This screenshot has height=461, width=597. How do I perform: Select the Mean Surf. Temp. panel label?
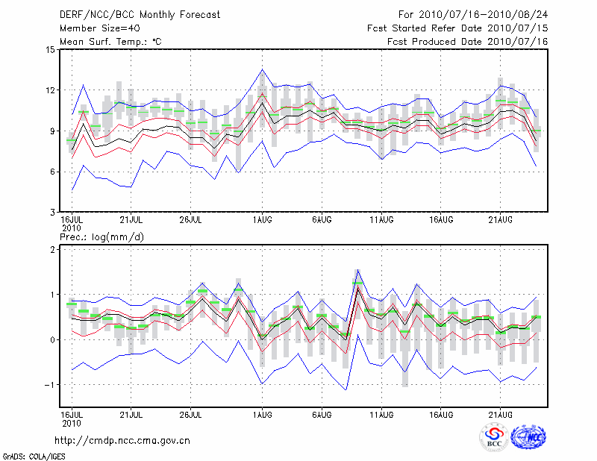tap(110, 42)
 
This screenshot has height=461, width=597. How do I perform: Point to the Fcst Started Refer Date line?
tap(457, 28)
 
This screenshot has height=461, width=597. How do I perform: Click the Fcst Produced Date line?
tap(467, 42)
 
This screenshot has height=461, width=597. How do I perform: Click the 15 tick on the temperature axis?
tap(50, 50)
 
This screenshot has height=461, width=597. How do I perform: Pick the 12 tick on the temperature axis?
tap(50, 90)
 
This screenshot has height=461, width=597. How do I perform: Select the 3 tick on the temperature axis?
tap(52, 212)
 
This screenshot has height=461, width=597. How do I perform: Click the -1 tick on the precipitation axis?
tap(50, 385)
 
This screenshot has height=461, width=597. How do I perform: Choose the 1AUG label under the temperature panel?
tap(262, 220)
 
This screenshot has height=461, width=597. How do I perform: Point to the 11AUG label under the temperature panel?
tap(381, 220)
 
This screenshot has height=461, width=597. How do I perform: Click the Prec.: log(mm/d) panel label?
tap(101, 236)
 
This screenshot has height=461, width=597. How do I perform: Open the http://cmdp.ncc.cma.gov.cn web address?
tap(122, 440)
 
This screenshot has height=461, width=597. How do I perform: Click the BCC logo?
tap(494, 438)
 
